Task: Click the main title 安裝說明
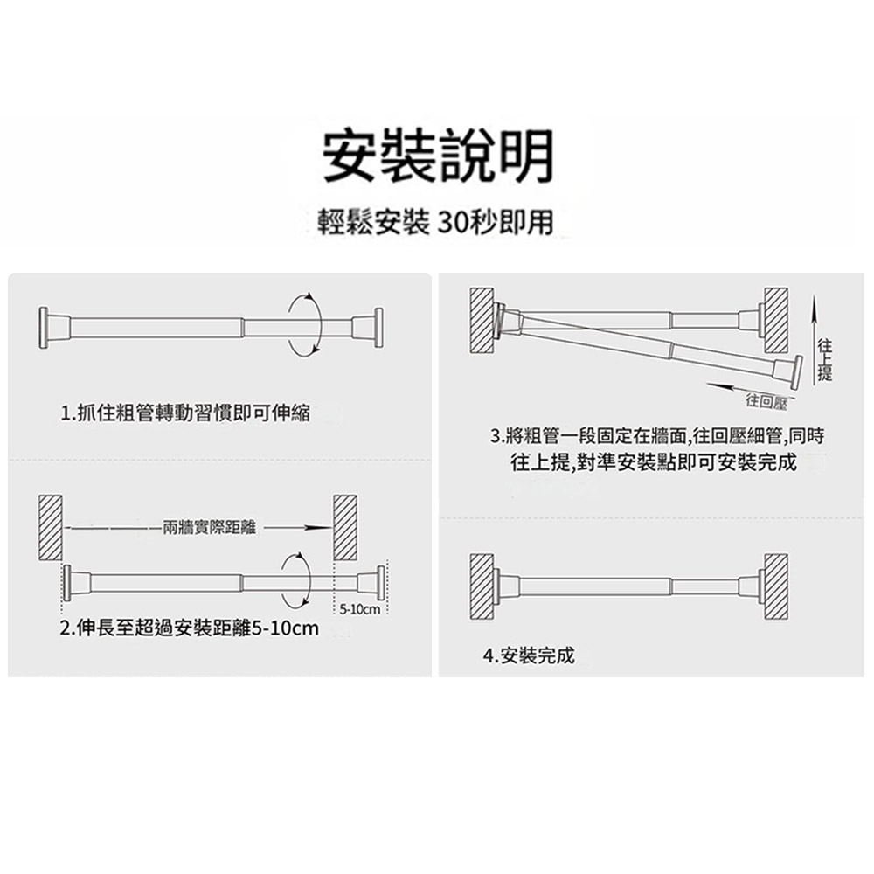pyautogui.click(x=437, y=156)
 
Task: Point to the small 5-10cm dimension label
pyautogui.click(x=358, y=607)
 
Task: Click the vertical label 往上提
pyautogui.click(x=822, y=360)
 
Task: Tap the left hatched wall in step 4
pyautogui.click(x=482, y=586)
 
